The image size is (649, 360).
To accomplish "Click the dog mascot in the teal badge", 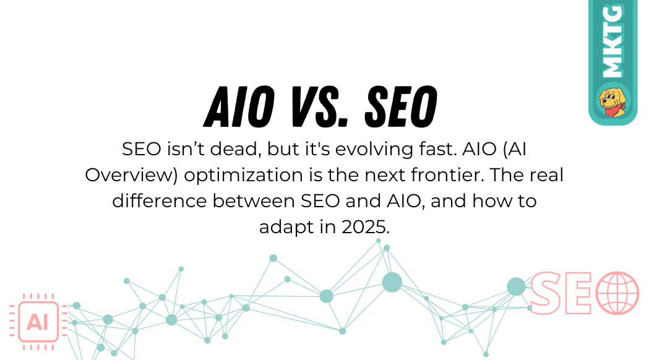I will coord(612,100).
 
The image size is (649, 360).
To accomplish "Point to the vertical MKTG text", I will coord(612,42).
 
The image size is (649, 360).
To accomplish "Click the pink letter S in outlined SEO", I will coord(546,293).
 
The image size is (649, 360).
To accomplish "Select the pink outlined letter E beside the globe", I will coord(580,293).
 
